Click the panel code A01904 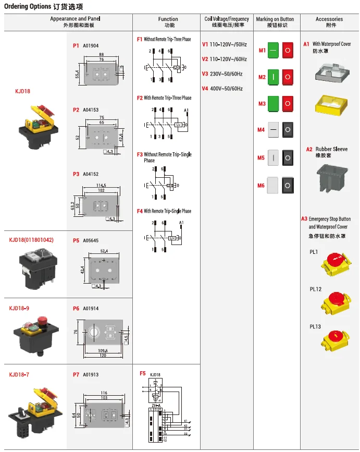pos(91,45)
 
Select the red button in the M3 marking pos(288,103)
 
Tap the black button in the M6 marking pos(288,185)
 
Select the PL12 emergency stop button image pos(333,301)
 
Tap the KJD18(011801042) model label pos(31,240)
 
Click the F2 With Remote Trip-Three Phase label pos(164,98)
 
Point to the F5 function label pos(142,374)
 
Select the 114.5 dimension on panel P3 pos(101,185)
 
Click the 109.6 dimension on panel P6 pos(102,350)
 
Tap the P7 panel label pos(76,375)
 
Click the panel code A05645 pos(91,241)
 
